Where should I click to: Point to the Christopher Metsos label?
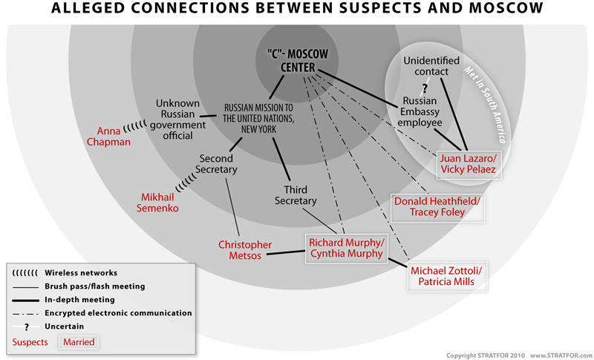(244, 250)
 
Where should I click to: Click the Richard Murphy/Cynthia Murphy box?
(347, 248)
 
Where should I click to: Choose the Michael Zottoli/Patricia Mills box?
(447, 278)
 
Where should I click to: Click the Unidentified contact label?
(431, 65)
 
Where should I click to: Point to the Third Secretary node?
(296, 194)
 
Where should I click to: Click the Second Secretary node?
(217, 164)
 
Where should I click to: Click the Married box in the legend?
(77, 342)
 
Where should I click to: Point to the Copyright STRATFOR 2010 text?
(486, 353)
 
